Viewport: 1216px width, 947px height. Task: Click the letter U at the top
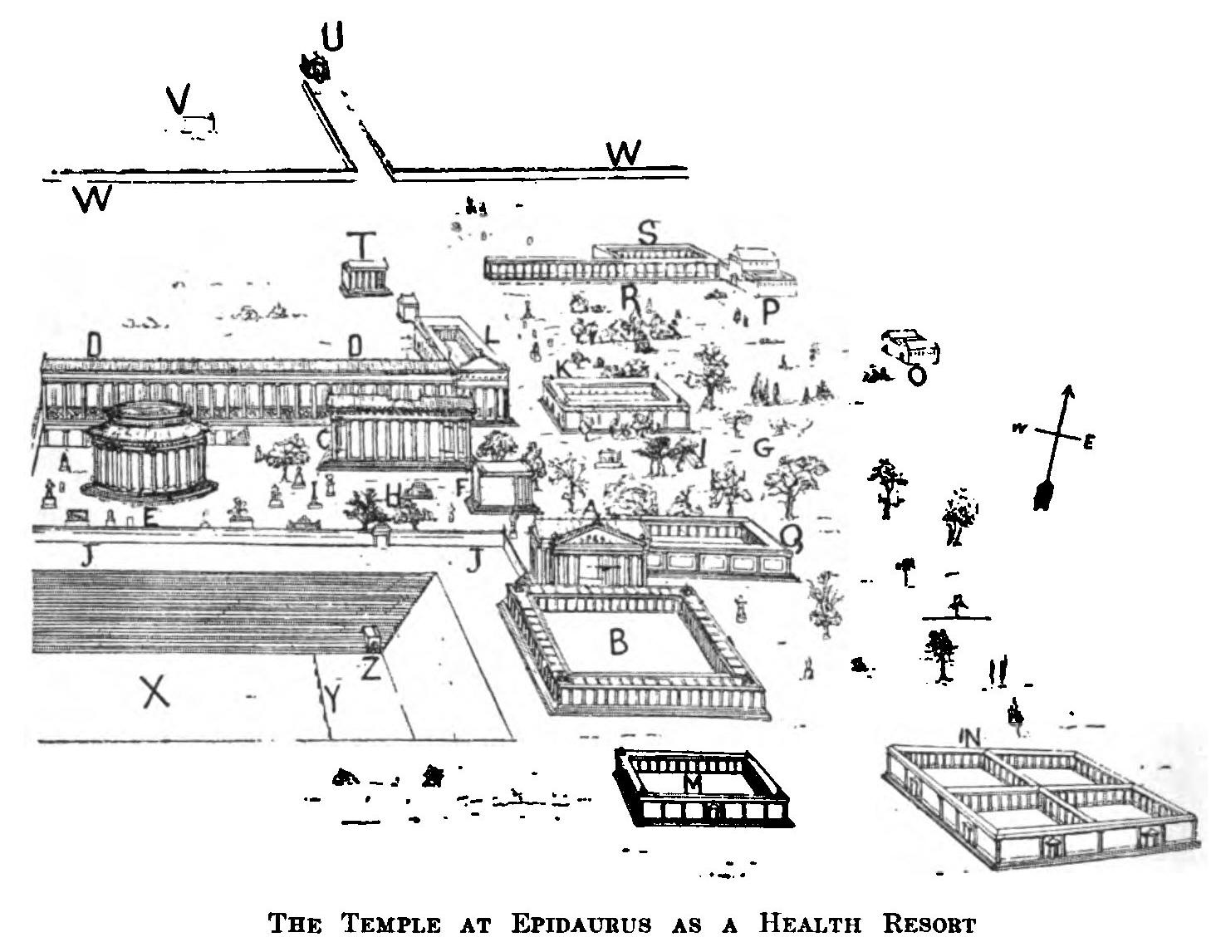(x=332, y=37)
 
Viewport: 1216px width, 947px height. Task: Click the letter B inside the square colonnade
(x=618, y=641)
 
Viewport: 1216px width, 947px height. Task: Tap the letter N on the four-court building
(x=969, y=736)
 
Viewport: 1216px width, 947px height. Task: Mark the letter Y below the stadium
(x=331, y=700)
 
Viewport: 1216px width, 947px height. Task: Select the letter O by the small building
(x=917, y=376)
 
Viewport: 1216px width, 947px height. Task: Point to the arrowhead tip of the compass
(x=1069, y=388)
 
